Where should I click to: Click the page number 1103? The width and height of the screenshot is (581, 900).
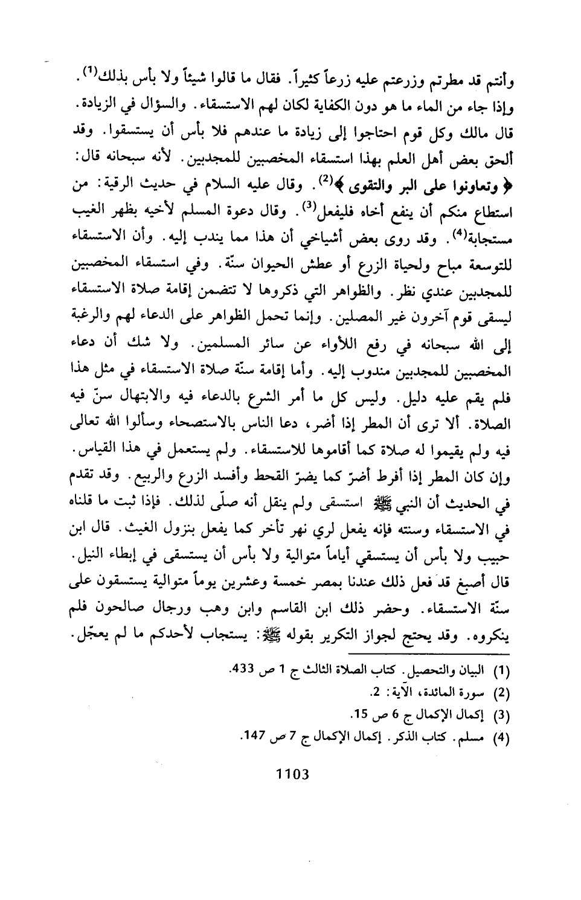pyautogui.click(x=292, y=773)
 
